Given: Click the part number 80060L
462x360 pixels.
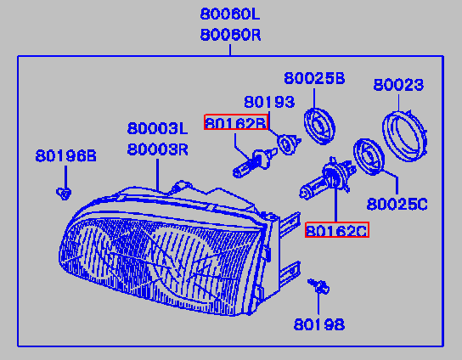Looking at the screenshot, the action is tap(230, 14).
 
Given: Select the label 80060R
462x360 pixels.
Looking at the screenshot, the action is tap(230, 35).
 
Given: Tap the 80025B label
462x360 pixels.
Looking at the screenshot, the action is tap(314, 78).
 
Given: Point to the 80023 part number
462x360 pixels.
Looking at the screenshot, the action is tap(398, 85).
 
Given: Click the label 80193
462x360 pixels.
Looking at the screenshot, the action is tap(269, 102).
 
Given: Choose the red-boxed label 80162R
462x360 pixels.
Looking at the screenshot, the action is tap(236, 122).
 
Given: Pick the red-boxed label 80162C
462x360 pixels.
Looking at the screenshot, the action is tap(337, 229).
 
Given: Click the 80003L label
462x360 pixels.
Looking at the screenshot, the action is tap(157, 128).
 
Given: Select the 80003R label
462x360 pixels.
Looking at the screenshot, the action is tap(158, 149).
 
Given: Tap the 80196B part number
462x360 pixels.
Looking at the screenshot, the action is tap(65, 155).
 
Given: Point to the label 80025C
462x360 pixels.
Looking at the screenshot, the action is tap(397, 204).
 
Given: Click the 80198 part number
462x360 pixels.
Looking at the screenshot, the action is tap(319, 324).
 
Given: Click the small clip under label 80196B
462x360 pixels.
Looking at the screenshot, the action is tap(64, 194).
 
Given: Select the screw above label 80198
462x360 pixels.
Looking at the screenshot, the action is tap(318, 286).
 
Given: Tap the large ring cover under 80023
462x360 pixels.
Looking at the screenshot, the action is tap(405, 136).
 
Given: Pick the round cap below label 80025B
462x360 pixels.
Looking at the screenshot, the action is tap(319, 127).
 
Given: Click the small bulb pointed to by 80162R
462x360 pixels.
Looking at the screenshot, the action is tap(255, 164).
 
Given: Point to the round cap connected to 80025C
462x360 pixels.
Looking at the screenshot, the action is tap(369, 157).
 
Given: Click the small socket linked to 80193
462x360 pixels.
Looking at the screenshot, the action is tap(288, 144).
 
